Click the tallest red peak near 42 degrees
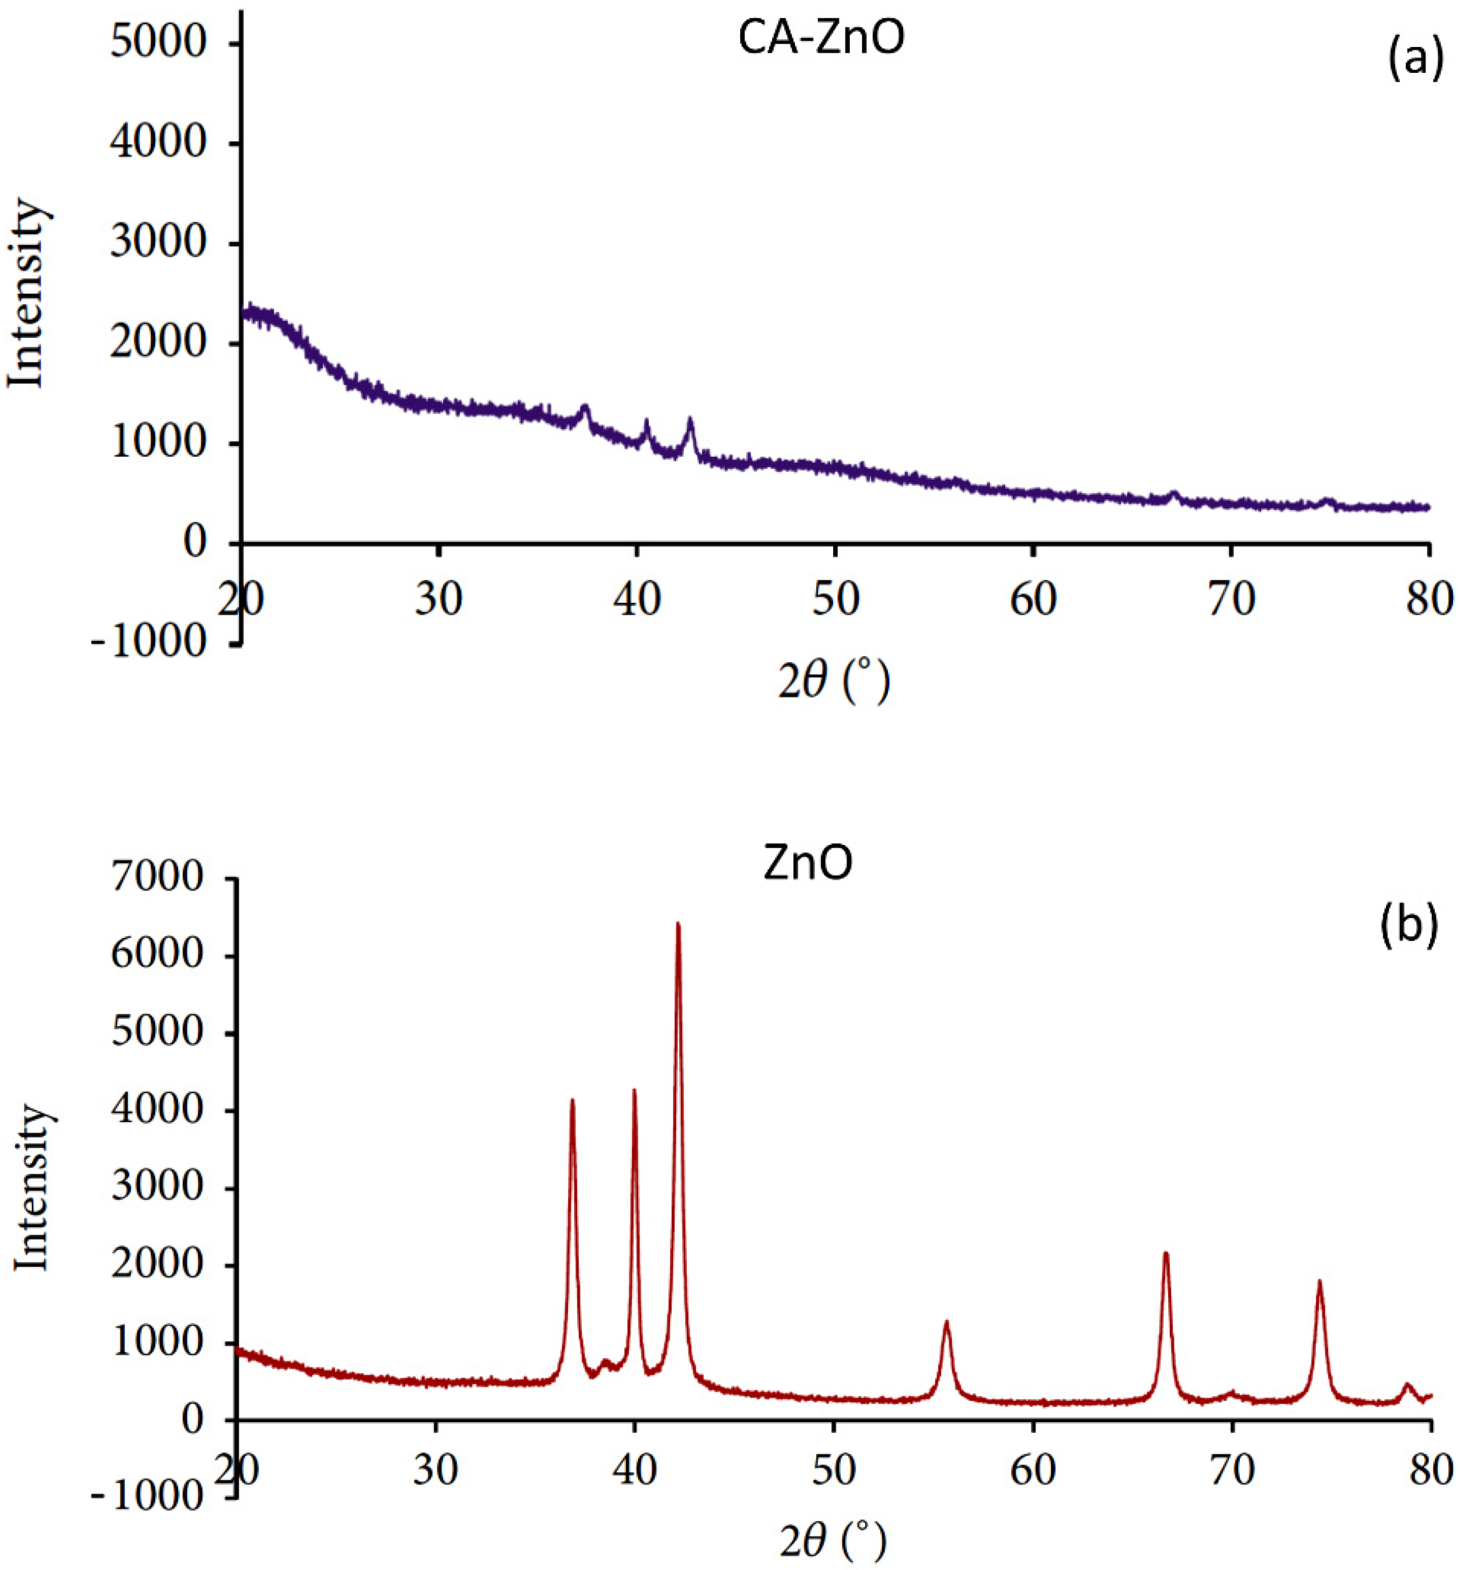[x=677, y=926]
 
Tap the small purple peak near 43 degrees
[x=690, y=421]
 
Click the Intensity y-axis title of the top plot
[x=27, y=295]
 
